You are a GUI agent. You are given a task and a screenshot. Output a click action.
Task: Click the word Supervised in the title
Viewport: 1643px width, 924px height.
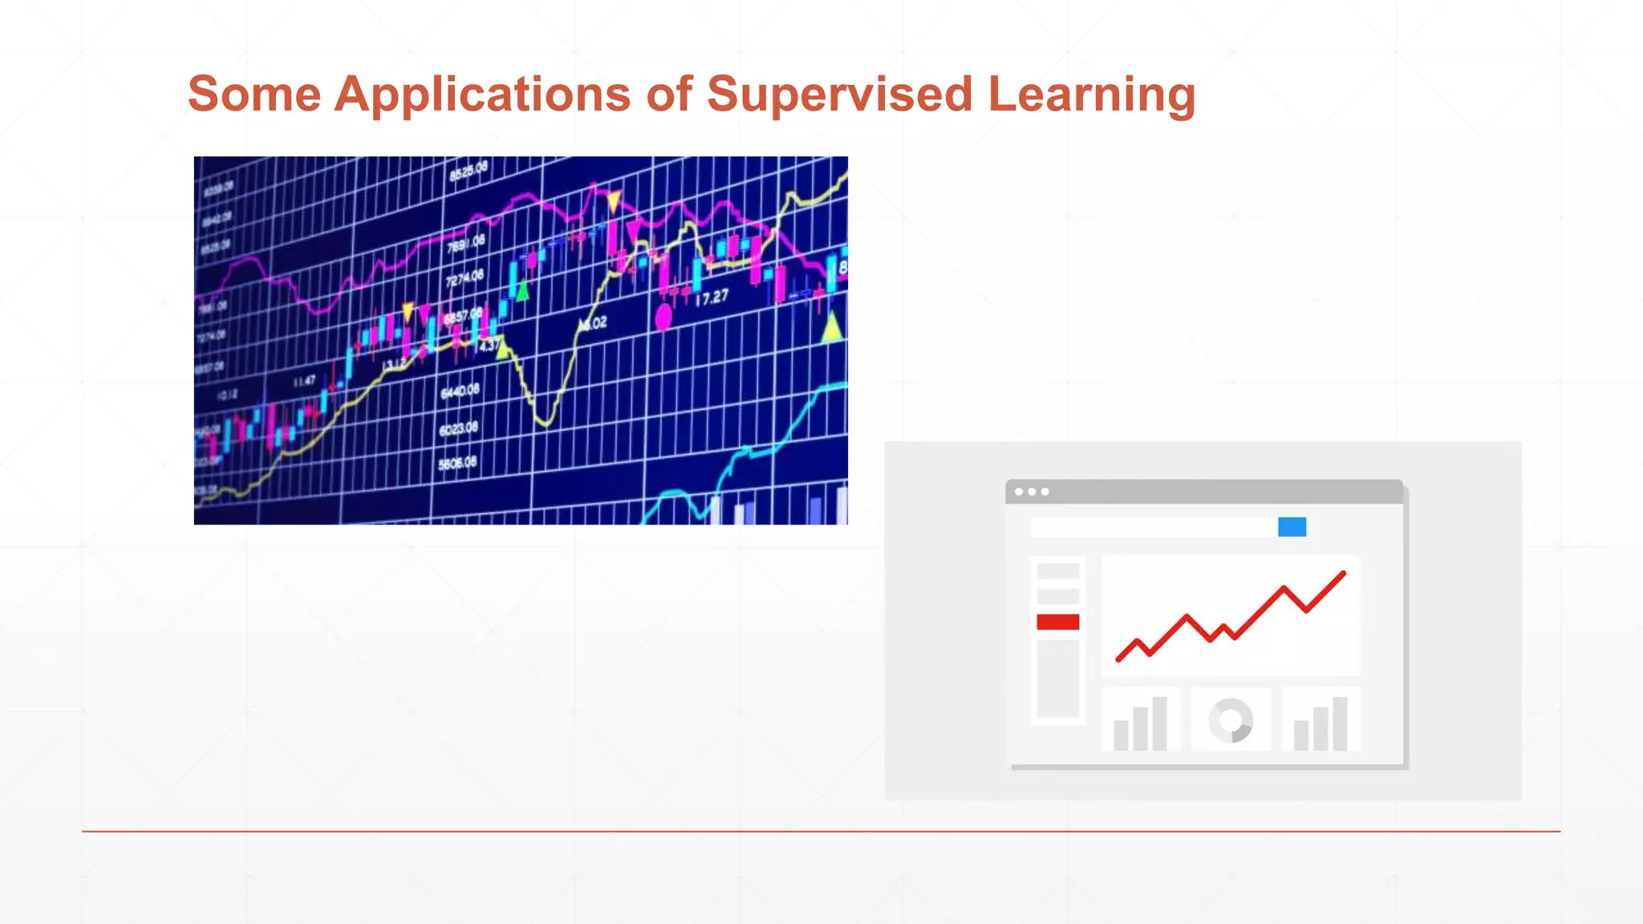(839, 95)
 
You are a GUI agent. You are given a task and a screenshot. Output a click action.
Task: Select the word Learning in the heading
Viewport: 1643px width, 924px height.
(1091, 95)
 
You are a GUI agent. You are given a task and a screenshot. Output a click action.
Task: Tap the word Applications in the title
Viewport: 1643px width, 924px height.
(482, 95)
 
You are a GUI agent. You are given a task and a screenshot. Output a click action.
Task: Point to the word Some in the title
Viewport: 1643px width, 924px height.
(254, 95)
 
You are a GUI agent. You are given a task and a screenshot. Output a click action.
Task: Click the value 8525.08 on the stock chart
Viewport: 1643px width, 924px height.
(469, 171)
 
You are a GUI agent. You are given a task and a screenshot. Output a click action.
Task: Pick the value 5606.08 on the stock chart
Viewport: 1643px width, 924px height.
(457, 464)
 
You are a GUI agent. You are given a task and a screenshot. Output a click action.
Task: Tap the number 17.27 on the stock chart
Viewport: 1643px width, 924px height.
(712, 298)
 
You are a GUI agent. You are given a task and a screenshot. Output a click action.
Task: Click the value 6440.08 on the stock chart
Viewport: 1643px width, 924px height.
(460, 391)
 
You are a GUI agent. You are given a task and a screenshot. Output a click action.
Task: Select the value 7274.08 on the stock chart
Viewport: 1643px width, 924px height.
(465, 278)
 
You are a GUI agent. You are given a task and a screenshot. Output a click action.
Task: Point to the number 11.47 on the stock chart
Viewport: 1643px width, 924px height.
(304, 382)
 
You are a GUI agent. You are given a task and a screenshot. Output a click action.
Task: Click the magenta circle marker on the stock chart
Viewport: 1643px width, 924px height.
(663, 318)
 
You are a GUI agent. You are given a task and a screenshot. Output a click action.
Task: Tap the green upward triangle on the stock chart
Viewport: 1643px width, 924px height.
(523, 292)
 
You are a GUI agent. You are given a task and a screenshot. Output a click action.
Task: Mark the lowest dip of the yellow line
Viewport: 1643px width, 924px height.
(546, 422)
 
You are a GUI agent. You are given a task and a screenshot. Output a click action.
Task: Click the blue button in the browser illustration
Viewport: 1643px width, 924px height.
(1292, 527)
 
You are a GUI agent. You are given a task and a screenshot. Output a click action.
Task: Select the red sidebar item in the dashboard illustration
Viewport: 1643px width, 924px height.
(1057, 622)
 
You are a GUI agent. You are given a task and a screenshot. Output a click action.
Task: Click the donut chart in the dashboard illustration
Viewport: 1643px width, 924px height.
(1231, 720)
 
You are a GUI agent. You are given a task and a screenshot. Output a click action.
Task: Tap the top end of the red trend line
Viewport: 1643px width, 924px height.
(1344, 573)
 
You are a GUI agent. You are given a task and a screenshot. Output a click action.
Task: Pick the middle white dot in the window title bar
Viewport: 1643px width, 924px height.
(1032, 492)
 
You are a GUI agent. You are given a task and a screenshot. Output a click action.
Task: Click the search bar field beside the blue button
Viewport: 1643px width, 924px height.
(1152, 527)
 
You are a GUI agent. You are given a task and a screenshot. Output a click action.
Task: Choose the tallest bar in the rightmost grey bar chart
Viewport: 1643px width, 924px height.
(1340, 723)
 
